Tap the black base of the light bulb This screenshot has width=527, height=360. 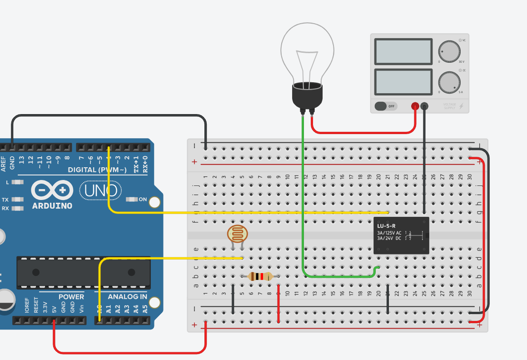point(307,96)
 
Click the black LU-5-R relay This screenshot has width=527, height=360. point(401,235)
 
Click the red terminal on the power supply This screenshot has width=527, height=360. point(415,106)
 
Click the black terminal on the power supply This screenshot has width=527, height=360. point(424,106)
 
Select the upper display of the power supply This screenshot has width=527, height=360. point(403,51)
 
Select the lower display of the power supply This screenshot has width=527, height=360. point(403,81)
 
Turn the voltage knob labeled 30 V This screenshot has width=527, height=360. point(449,51)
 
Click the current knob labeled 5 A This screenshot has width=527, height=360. point(449,82)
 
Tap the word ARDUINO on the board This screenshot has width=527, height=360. point(52,205)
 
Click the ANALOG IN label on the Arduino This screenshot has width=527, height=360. point(127,297)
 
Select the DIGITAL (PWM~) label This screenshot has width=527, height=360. point(97,170)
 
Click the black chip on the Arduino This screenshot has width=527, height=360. point(83,272)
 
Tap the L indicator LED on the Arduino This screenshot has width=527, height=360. point(18,182)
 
